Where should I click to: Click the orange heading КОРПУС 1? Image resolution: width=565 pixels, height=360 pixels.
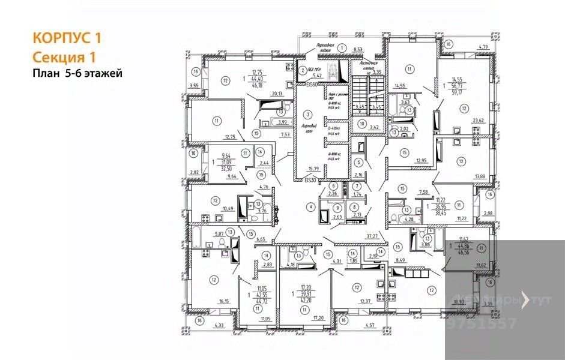[x=66, y=38]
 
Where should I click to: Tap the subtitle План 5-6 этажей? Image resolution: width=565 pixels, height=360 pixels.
[x=77, y=74]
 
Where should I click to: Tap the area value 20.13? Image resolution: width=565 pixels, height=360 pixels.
[x=277, y=93]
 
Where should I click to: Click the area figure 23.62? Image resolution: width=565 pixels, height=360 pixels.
[x=479, y=120]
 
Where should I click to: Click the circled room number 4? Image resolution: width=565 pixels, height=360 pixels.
[x=310, y=207]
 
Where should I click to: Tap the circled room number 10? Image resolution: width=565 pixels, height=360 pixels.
[x=362, y=124]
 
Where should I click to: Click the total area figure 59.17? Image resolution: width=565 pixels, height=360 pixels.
[x=458, y=92]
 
